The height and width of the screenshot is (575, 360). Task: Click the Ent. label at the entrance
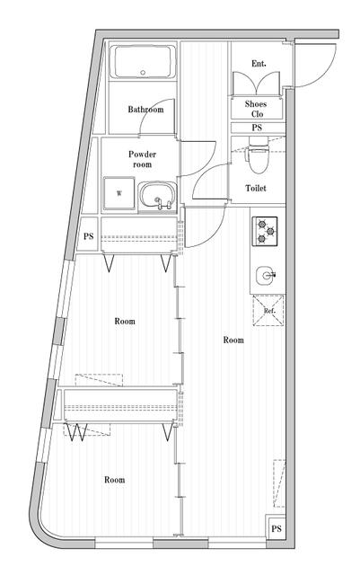tap(259, 63)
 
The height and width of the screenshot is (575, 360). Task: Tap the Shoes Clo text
tap(256, 109)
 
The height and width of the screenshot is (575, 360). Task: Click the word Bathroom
tap(145, 110)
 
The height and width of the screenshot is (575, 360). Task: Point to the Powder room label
tap(142, 159)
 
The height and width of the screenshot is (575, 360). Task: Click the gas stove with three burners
tap(266, 231)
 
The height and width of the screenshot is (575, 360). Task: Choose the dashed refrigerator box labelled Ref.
tap(268, 311)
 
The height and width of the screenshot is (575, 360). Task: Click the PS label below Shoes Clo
tap(256, 128)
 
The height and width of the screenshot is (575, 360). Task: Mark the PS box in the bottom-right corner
tap(277, 528)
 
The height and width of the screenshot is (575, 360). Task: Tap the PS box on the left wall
tap(89, 237)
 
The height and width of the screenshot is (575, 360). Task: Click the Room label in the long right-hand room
tap(233, 341)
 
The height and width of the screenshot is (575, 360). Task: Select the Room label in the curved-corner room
tap(114, 480)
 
